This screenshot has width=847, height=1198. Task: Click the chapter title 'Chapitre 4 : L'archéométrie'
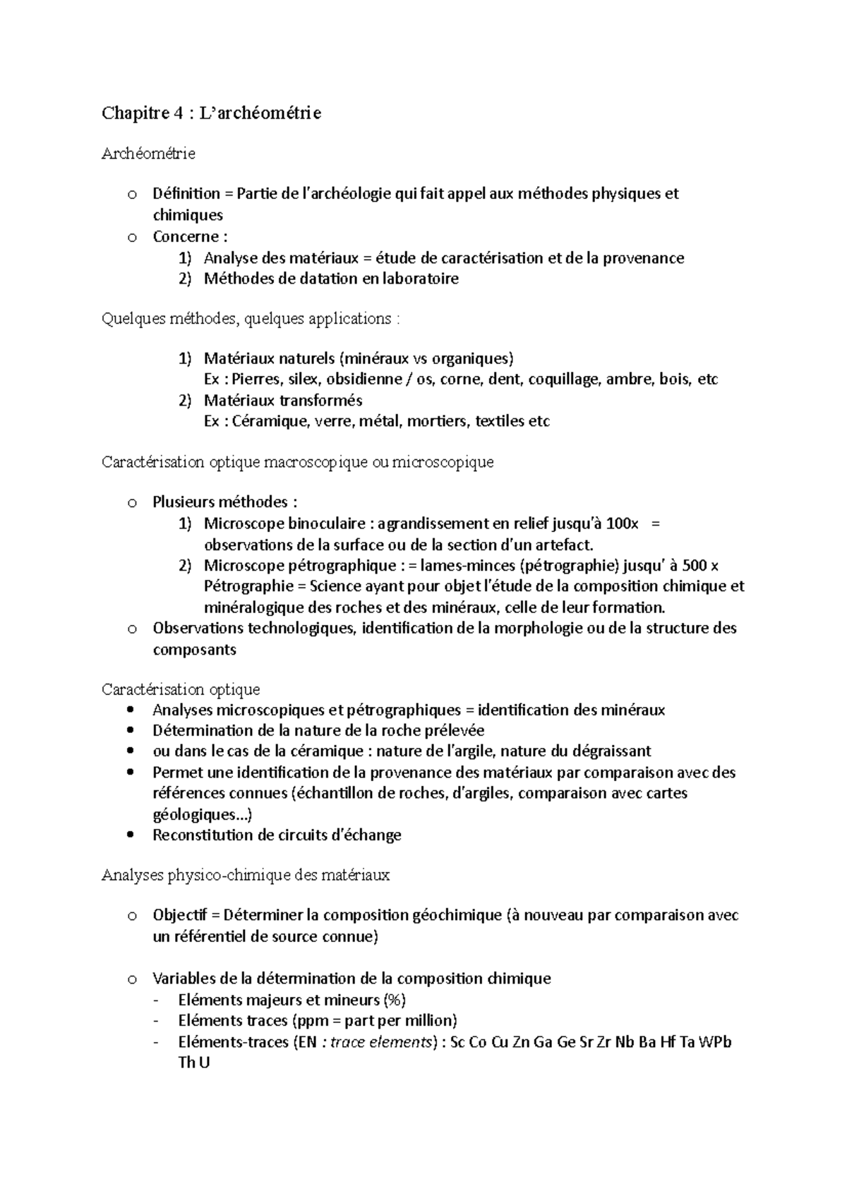click(x=211, y=113)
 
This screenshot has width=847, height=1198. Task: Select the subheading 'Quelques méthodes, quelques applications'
click(x=251, y=319)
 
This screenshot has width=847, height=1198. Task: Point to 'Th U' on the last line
click(x=194, y=1063)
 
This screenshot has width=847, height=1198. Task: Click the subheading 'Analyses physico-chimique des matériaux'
click(x=246, y=876)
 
